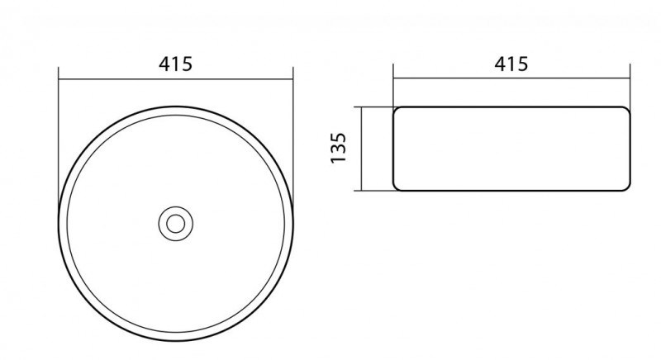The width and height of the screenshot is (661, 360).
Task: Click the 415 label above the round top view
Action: [175, 64]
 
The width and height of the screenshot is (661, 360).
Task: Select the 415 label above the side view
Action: [511, 64]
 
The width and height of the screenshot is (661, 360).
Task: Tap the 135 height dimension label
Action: [339, 148]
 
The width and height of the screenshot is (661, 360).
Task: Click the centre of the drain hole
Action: [176, 224]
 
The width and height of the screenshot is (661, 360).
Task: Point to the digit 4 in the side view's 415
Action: [500, 64]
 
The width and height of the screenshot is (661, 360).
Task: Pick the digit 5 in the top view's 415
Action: [187, 64]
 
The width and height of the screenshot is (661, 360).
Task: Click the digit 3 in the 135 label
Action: [339, 148]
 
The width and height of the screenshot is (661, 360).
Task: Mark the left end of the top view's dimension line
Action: [59, 78]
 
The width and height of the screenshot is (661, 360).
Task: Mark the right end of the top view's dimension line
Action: [293, 78]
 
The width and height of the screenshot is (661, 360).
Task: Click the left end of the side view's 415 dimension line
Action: [393, 78]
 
